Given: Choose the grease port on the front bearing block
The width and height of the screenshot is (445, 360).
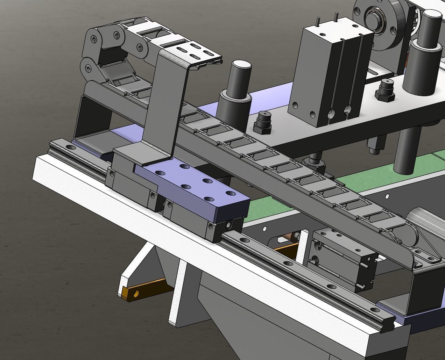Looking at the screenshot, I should click(228, 225).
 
